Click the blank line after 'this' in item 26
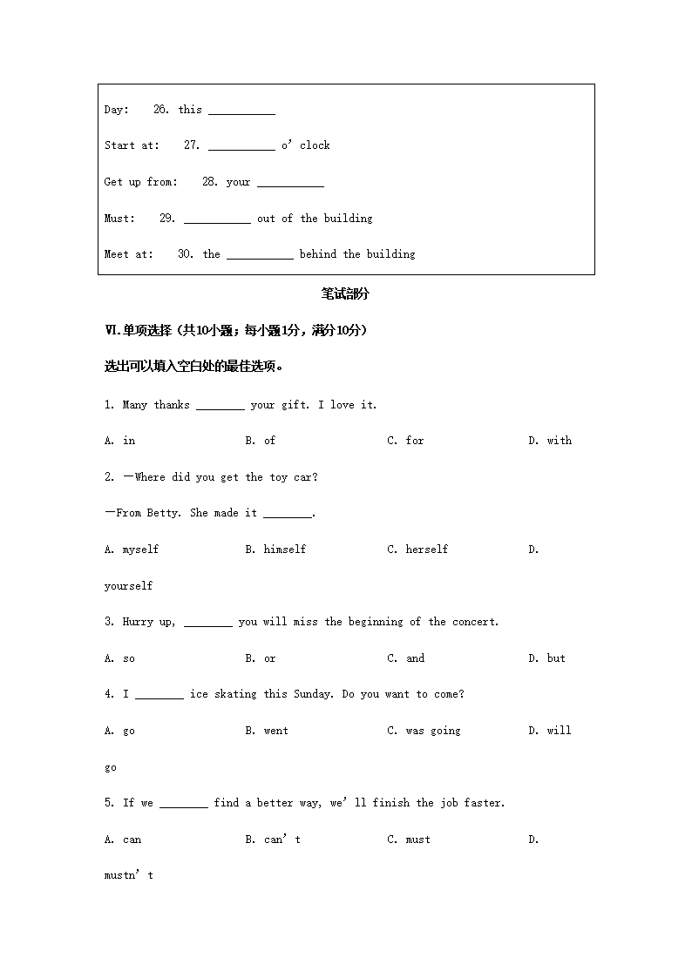click(x=241, y=111)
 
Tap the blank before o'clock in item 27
click(x=241, y=147)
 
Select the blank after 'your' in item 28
click(x=290, y=184)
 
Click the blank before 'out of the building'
click(x=217, y=220)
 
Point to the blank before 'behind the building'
click(x=260, y=256)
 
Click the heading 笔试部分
click(x=345, y=294)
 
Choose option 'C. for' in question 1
click(x=405, y=441)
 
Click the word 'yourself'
click(x=128, y=586)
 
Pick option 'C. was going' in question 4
click(x=424, y=731)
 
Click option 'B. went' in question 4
click(x=267, y=731)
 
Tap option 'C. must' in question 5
click(x=409, y=840)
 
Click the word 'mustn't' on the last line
click(x=128, y=875)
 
